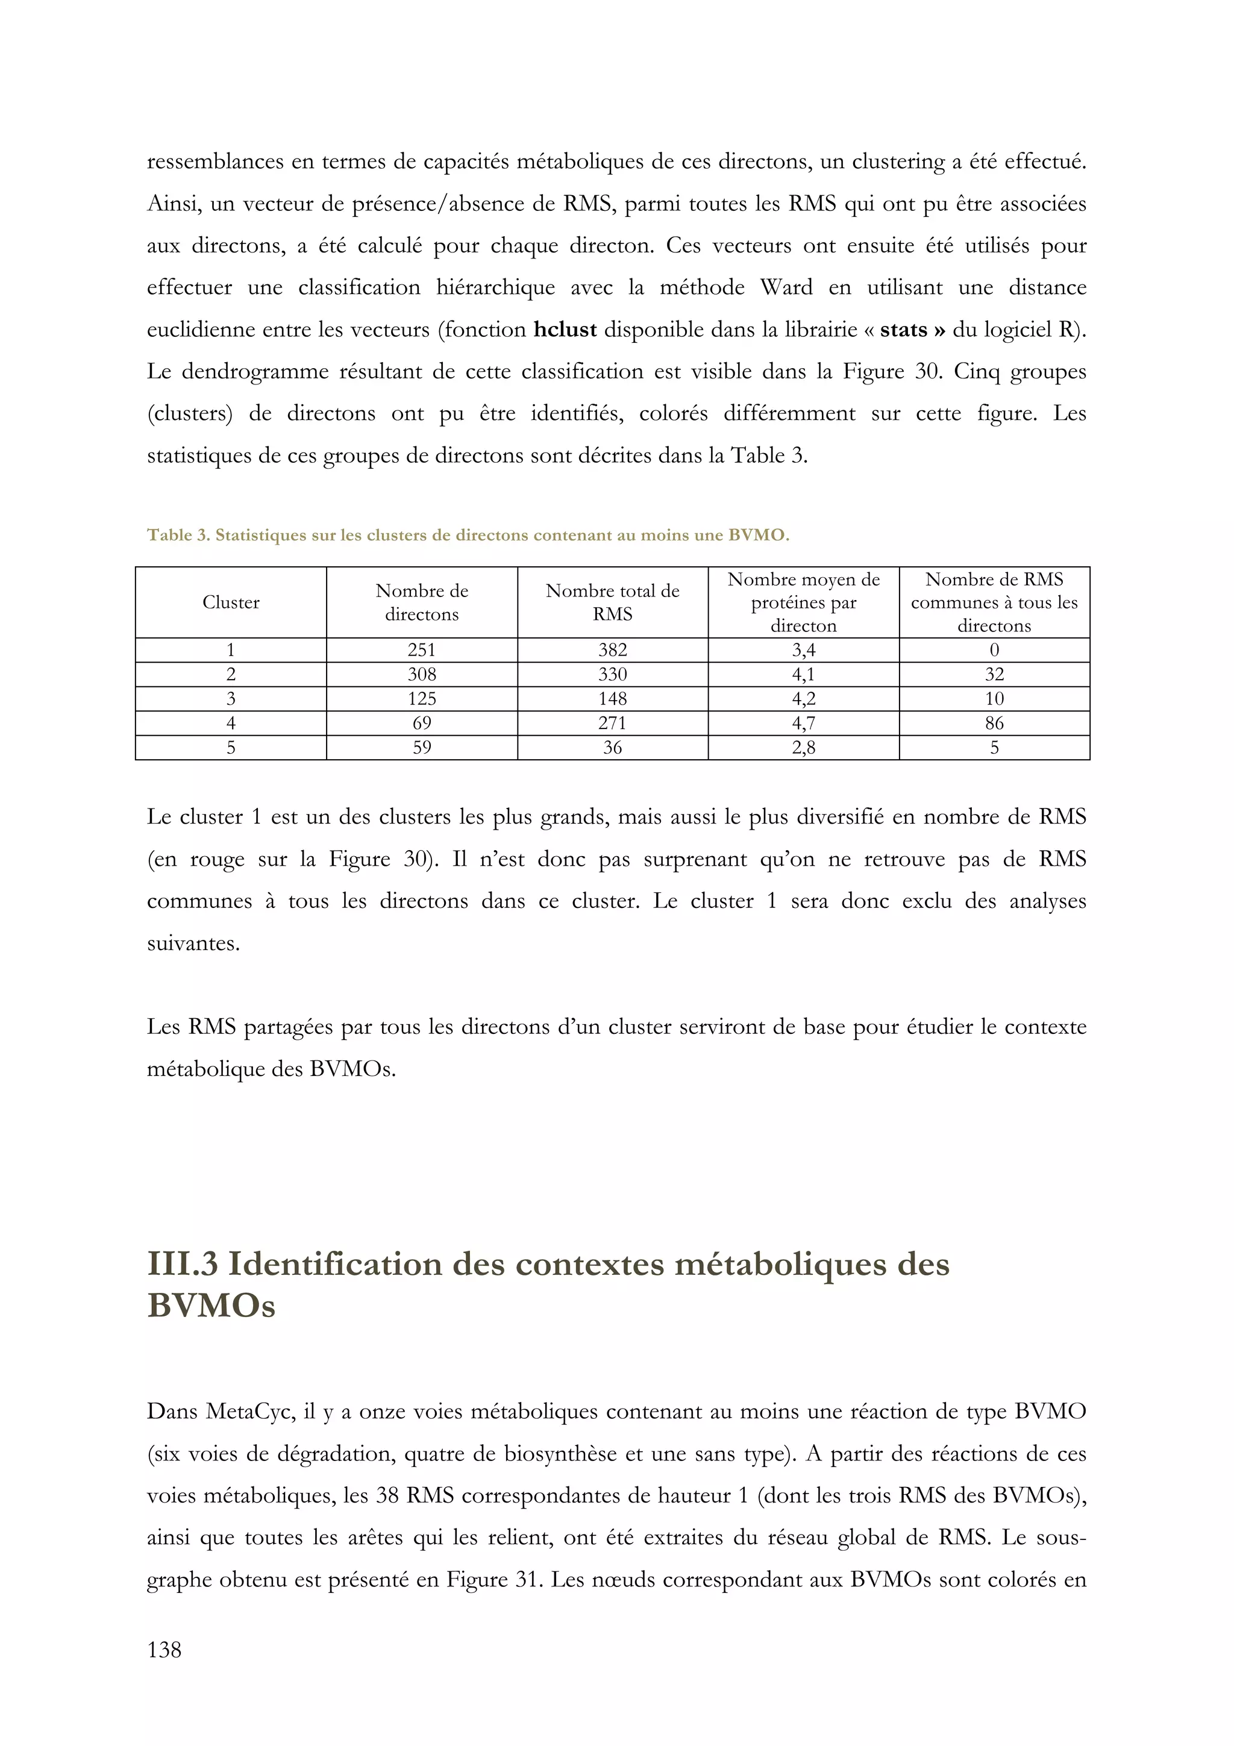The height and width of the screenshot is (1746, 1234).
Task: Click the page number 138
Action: (164, 1650)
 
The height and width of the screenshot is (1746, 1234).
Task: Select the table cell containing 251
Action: (421, 650)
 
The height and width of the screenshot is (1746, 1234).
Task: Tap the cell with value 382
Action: (612, 650)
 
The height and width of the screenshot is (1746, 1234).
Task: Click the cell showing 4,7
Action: (803, 723)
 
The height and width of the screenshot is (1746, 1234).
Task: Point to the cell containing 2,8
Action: (803, 748)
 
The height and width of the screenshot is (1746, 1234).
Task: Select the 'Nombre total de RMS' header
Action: (612, 602)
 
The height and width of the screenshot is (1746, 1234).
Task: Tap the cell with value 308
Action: (421, 675)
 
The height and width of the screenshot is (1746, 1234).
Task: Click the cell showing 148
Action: (612, 699)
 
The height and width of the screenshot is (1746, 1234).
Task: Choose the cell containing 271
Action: (612, 723)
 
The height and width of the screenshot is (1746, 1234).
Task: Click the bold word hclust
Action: (565, 330)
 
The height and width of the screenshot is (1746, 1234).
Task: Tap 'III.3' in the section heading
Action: (183, 1264)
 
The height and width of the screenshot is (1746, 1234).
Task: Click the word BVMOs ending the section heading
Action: (211, 1306)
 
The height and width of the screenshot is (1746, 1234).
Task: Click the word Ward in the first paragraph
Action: (786, 287)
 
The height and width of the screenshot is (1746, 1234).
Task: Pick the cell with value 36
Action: (612, 748)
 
